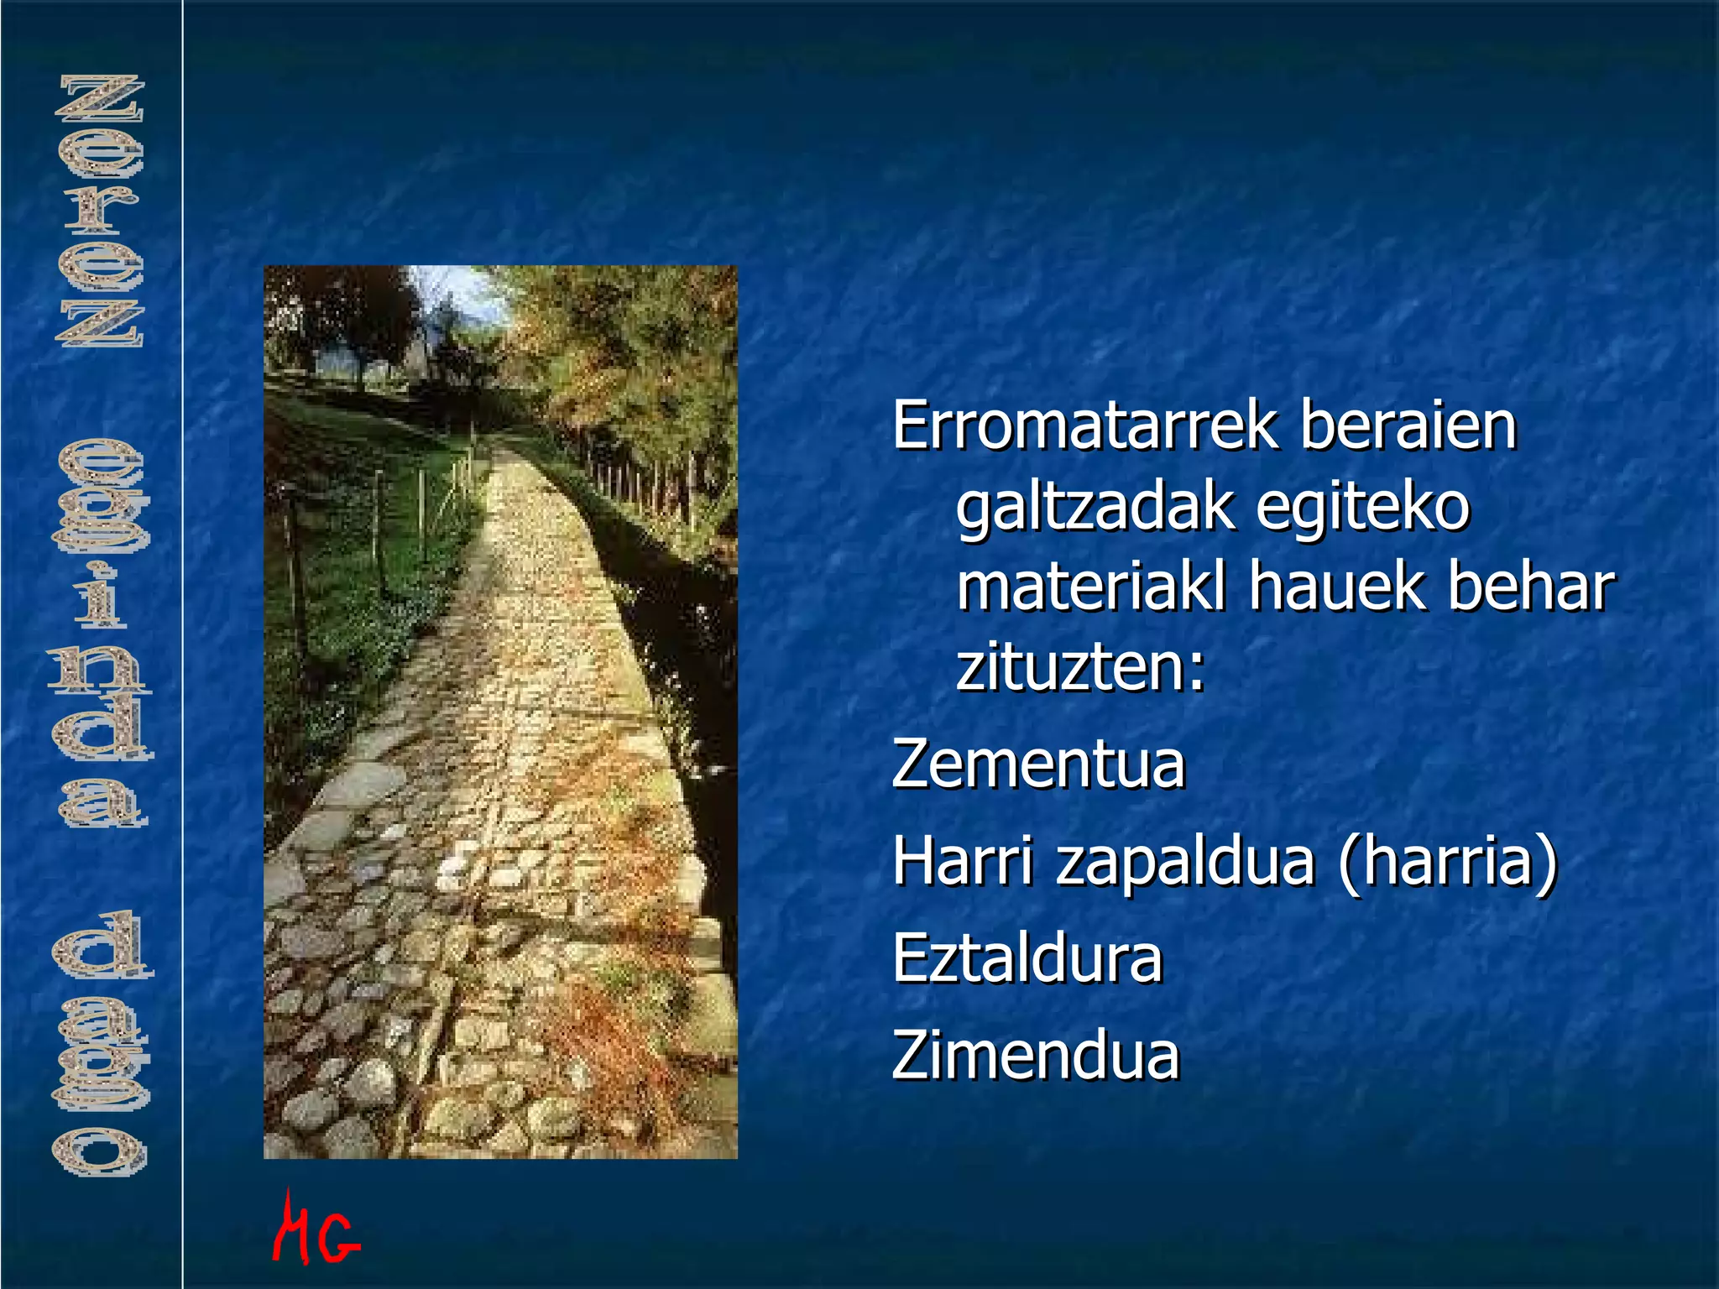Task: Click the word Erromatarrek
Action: click(1084, 426)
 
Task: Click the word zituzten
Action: click(1071, 668)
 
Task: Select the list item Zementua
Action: click(1038, 765)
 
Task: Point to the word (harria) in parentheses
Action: click(1447, 863)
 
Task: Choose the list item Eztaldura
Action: click(1027, 959)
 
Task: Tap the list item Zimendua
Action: click(1036, 1056)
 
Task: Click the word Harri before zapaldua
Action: click(962, 861)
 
